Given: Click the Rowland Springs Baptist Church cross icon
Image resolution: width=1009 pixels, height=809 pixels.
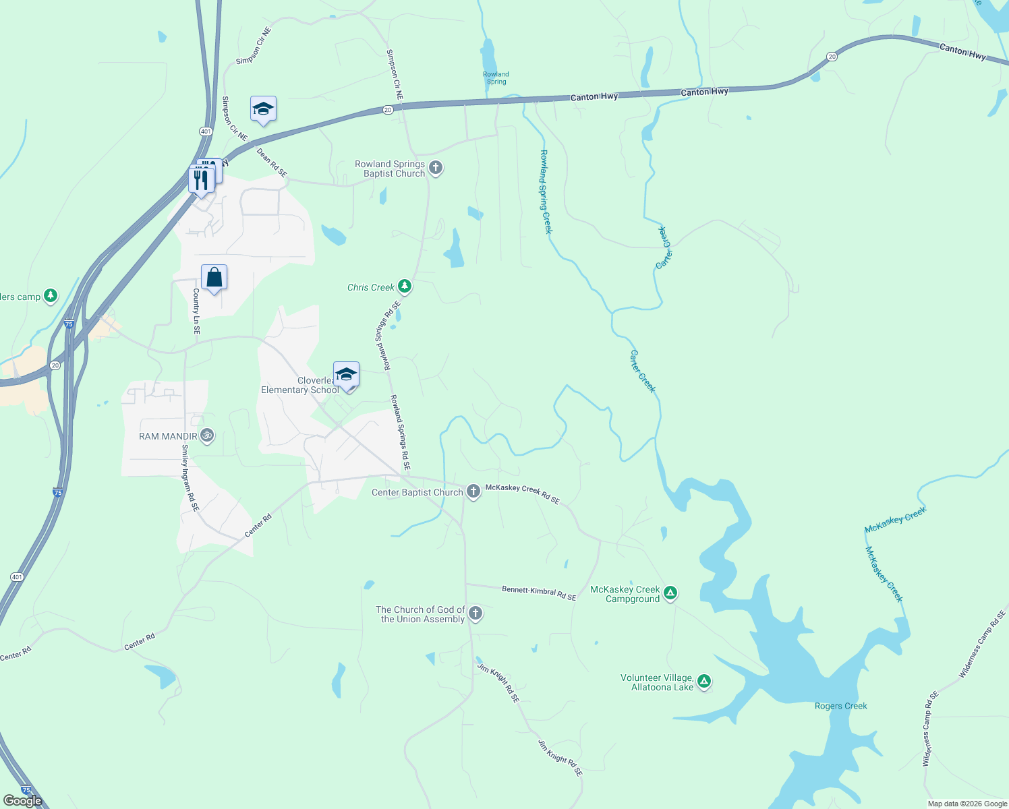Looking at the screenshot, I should (x=436, y=168).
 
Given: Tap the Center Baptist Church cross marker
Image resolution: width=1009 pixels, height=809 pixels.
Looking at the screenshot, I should (x=473, y=491).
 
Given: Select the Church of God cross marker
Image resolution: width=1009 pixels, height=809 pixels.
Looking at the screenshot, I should (x=475, y=613).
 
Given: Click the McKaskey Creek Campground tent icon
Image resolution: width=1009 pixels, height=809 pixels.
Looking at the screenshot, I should (x=670, y=593).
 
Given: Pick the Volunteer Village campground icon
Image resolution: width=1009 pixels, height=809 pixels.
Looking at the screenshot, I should (x=703, y=682).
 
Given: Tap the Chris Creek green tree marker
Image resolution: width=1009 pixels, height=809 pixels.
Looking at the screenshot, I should (x=405, y=287).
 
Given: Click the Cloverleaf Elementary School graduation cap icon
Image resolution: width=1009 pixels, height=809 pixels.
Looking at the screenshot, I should (x=346, y=374).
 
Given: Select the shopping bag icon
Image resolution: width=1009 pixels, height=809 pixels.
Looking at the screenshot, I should (x=214, y=277).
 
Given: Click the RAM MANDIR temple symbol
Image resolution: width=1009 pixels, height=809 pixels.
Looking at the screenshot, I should (x=207, y=436).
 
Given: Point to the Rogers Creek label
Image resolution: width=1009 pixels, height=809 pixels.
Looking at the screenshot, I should (x=840, y=706).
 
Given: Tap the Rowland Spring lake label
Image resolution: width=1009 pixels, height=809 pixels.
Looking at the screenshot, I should (x=496, y=78).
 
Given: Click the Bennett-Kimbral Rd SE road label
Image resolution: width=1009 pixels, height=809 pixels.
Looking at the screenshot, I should (x=539, y=593).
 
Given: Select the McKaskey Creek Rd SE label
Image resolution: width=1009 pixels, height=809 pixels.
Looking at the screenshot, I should (x=523, y=493).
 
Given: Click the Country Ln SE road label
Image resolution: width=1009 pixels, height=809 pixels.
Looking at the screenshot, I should (x=196, y=311).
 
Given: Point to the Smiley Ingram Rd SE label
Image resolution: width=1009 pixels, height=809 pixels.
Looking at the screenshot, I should (x=190, y=477).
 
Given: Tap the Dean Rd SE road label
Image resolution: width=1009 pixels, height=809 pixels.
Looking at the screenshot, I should (x=272, y=163).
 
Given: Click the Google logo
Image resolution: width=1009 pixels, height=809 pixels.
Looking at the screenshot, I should (x=22, y=801).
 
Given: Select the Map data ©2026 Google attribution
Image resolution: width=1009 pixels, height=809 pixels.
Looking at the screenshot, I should (x=967, y=804).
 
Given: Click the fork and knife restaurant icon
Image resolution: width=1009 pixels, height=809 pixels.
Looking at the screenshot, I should (x=200, y=180).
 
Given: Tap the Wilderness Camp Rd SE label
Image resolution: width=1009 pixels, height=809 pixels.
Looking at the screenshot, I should (x=982, y=643).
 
